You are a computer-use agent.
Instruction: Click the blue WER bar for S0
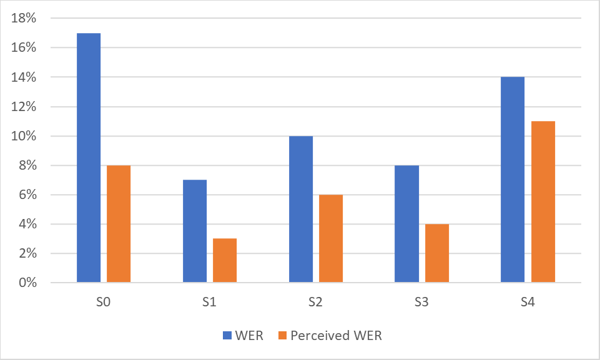89,158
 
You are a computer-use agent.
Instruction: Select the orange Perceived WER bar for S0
119,224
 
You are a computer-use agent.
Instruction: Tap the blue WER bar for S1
195,231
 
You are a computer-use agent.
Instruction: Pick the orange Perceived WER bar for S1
225,260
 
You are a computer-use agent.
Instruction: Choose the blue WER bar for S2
301,209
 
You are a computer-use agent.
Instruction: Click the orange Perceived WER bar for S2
331,238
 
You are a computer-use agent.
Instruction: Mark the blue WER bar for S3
407,224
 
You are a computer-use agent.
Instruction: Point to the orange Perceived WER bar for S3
437,253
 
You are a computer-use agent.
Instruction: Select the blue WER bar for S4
513,180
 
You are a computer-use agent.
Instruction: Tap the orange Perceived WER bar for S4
543,202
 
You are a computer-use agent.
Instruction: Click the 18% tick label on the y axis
24,19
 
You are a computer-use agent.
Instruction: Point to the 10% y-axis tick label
24,136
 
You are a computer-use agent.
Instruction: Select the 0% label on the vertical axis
27,283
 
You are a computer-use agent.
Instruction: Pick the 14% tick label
24,77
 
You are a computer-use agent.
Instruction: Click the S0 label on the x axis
104,303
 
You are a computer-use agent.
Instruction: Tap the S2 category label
315,303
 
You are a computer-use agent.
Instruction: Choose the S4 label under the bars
528,303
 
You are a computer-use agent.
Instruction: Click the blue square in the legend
227,336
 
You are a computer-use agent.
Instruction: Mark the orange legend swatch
281,336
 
